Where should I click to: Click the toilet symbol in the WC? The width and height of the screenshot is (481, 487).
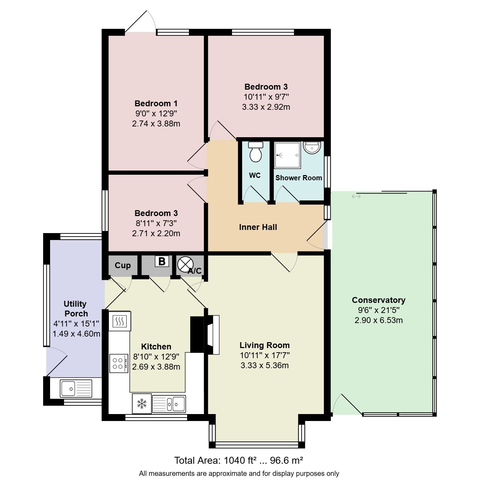(x=255, y=151)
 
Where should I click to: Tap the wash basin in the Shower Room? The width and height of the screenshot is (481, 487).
(x=312, y=147)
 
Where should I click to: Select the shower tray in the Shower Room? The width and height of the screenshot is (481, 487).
(x=287, y=155)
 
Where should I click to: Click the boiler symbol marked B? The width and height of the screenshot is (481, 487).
(x=162, y=261)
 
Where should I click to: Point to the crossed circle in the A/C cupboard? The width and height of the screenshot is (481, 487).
(x=185, y=264)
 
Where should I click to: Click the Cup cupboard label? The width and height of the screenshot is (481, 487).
(x=123, y=265)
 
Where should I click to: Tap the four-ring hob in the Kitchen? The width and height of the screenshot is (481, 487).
(x=119, y=363)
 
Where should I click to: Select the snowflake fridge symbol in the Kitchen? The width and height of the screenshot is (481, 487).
(x=142, y=403)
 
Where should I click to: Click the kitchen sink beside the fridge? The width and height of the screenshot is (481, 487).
(x=169, y=404)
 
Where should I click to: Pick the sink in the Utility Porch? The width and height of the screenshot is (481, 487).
(x=76, y=388)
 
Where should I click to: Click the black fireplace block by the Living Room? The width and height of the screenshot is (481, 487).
(x=197, y=335)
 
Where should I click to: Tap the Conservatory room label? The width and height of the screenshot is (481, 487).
(x=378, y=300)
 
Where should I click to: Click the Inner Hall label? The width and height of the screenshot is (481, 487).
(x=258, y=227)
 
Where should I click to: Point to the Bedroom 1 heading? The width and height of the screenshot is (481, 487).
(x=156, y=104)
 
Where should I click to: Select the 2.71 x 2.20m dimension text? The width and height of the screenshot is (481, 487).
(x=156, y=233)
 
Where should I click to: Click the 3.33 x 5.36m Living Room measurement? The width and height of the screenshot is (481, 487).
(x=265, y=365)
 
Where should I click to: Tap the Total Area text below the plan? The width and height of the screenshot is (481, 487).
(x=239, y=461)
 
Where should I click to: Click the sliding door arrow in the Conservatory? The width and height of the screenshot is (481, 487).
(x=356, y=196)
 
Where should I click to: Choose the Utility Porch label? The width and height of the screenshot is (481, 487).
(x=76, y=308)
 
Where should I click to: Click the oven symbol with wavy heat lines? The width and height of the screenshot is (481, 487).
(x=120, y=321)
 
